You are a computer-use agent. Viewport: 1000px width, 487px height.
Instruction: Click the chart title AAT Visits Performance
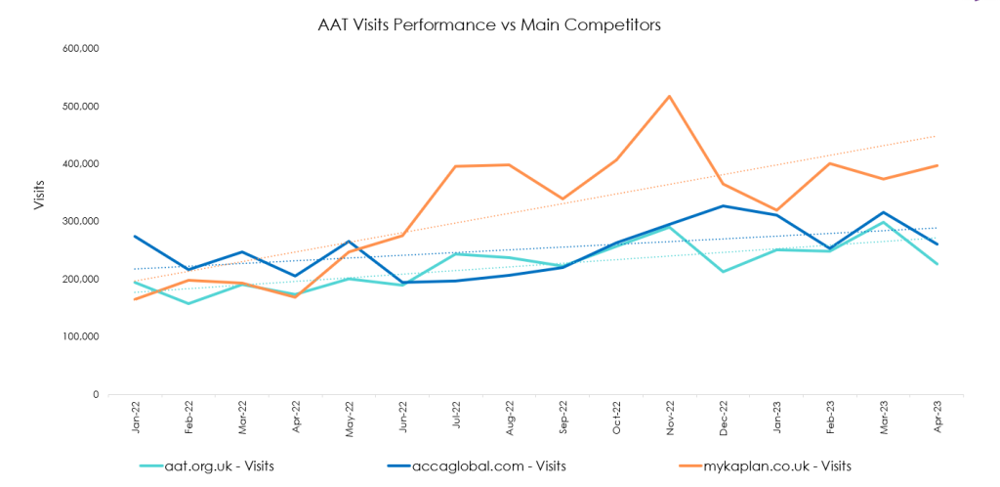(489, 24)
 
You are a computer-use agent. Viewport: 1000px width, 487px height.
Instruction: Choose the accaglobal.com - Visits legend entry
(503, 466)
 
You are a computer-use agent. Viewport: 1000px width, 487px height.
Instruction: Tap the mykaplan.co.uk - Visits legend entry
(777, 466)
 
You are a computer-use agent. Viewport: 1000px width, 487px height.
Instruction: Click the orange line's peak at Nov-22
(670, 96)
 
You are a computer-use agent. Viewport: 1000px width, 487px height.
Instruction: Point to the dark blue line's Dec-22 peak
(724, 205)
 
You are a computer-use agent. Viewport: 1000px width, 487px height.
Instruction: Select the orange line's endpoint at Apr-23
(937, 165)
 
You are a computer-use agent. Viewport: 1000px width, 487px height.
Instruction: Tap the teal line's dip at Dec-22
(724, 271)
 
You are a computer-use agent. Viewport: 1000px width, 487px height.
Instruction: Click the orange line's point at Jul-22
(456, 166)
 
